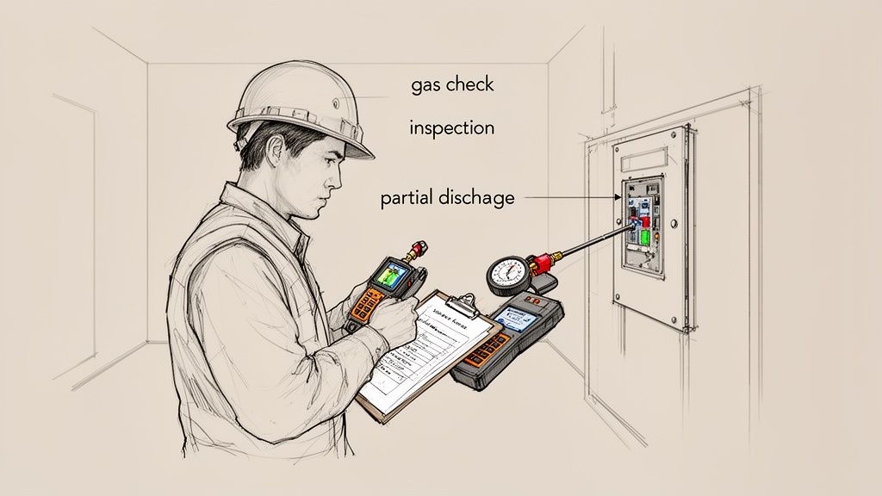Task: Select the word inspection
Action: coord(451,128)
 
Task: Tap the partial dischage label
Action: coord(447,198)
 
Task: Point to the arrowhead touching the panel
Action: coord(617,197)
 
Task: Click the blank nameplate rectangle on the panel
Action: coord(641,157)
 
